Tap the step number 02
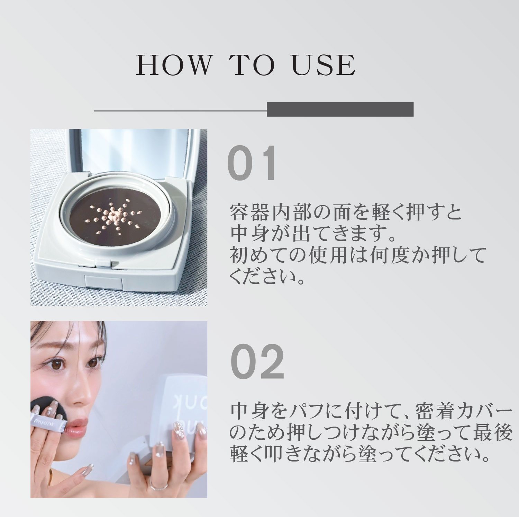(x=257, y=362)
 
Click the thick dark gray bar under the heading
(x=340, y=109)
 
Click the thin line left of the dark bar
(x=180, y=111)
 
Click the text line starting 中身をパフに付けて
(x=370, y=412)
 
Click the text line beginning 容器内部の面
(x=346, y=213)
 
